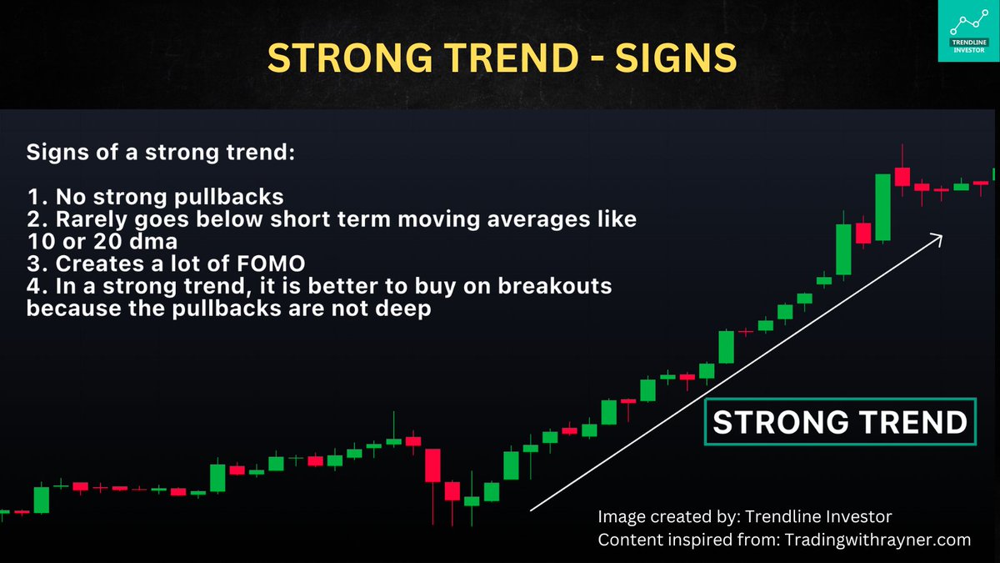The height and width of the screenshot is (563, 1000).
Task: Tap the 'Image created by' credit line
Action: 745,517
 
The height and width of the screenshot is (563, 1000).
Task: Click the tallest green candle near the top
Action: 882,207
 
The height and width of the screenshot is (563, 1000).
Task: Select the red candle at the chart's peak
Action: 902,176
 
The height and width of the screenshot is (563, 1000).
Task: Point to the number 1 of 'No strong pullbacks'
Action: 32,198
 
